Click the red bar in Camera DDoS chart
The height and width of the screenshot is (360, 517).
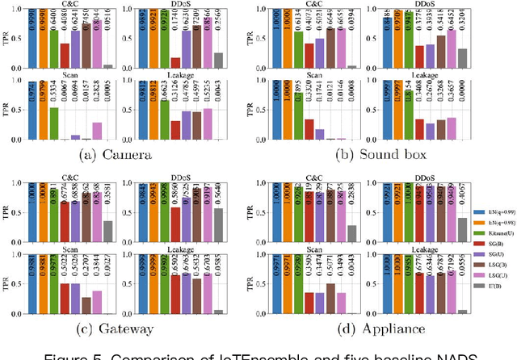point(175,61)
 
